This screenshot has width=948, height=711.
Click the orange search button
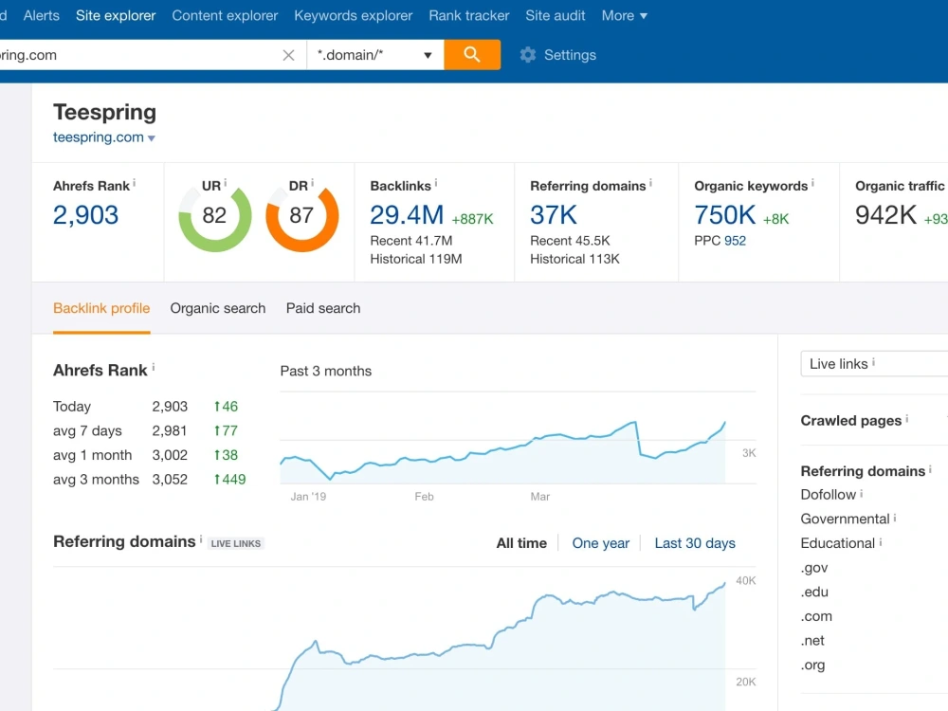click(x=471, y=55)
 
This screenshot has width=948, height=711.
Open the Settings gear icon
click(x=528, y=55)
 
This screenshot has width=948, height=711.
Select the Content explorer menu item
click(x=225, y=16)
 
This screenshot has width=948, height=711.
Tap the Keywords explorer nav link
click(x=353, y=16)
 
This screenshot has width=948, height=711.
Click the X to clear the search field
click(x=288, y=55)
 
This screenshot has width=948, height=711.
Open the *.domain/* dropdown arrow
click(x=428, y=56)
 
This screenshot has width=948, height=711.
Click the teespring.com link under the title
click(x=99, y=137)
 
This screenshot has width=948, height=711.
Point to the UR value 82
click(x=214, y=215)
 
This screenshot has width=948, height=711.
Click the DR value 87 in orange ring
click(x=301, y=215)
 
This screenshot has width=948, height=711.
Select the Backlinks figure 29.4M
click(x=407, y=215)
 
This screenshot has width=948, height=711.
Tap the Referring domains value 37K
click(x=554, y=215)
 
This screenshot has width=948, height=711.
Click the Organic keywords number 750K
click(x=725, y=215)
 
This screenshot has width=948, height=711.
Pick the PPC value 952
click(x=736, y=241)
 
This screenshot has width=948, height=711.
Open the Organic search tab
click(x=218, y=308)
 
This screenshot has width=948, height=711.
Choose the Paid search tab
click(x=323, y=308)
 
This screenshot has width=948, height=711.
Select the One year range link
click(x=601, y=543)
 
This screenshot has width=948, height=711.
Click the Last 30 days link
click(x=695, y=543)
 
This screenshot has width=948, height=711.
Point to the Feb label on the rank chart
click(x=424, y=497)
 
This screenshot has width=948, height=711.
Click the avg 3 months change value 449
click(x=229, y=480)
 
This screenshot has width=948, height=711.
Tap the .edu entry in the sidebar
click(x=814, y=592)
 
